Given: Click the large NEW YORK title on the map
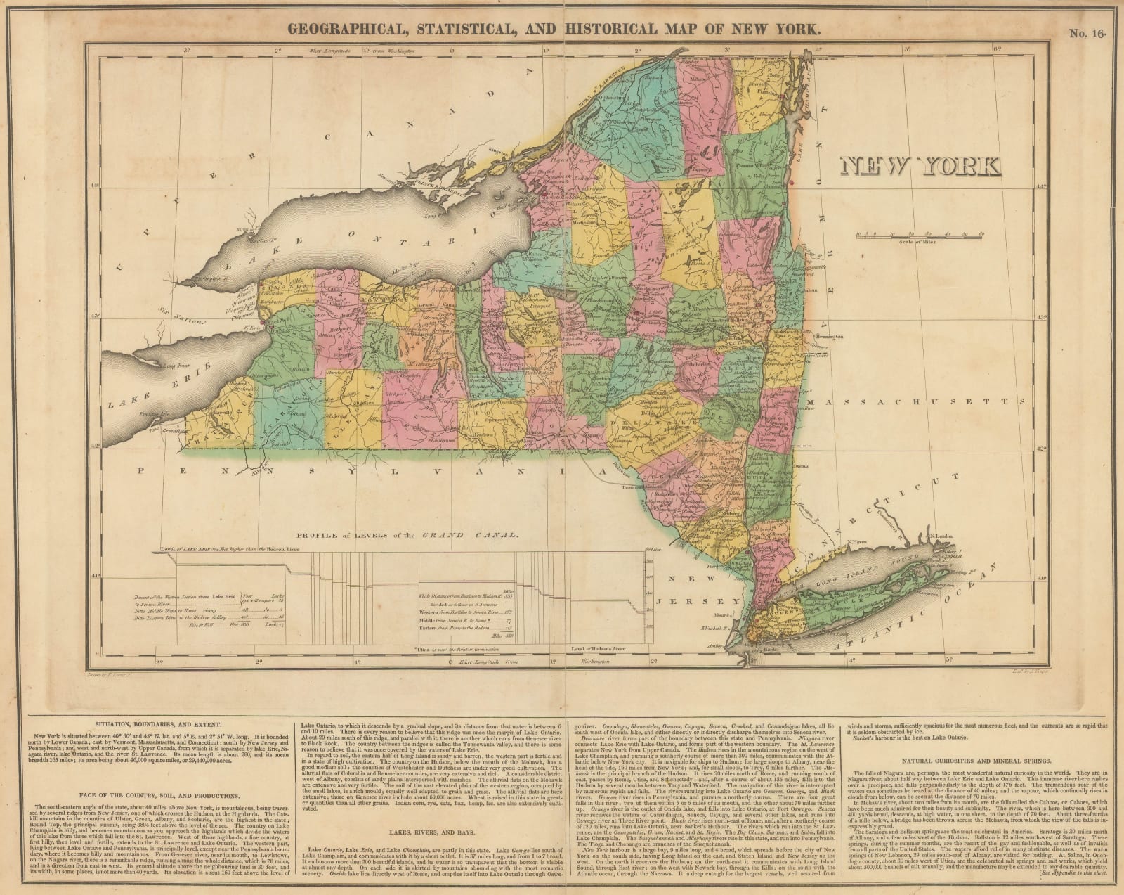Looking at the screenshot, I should point(920,166).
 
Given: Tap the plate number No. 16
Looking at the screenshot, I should point(1086,31).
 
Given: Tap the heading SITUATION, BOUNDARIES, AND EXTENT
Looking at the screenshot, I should point(153,704).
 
